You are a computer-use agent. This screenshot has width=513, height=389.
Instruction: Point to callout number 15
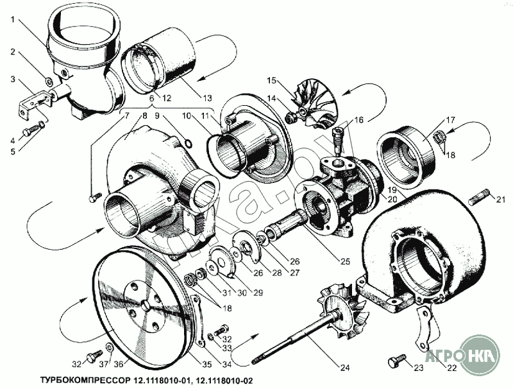271,81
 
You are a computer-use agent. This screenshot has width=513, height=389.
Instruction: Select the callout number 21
501,200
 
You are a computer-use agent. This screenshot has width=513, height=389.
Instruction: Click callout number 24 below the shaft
345,368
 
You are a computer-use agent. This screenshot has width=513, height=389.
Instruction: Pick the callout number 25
345,263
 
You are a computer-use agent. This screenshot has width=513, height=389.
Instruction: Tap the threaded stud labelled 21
480,195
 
